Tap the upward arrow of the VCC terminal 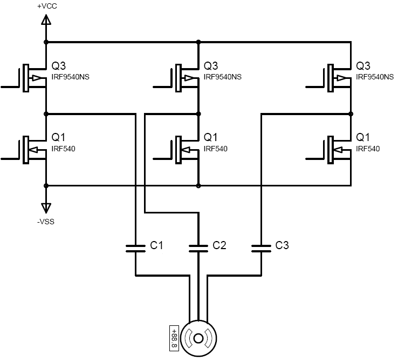tap(46, 20)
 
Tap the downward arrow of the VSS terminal tap(46, 207)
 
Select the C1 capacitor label tap(156, 246)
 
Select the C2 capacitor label tap(219, 246)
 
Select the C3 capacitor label tap(282, 246)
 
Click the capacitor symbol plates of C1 tap(135, 249)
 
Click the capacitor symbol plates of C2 tap(198, 249)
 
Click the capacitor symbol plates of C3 tap(261, 249)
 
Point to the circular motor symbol tap(198, 338)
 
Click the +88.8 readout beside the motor tap(174, 337)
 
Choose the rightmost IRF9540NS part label tap(375, 77)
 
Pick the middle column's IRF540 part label tap(215, 149)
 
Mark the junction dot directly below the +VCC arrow tap(46, 42)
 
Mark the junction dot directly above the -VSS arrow tap(46, 185)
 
